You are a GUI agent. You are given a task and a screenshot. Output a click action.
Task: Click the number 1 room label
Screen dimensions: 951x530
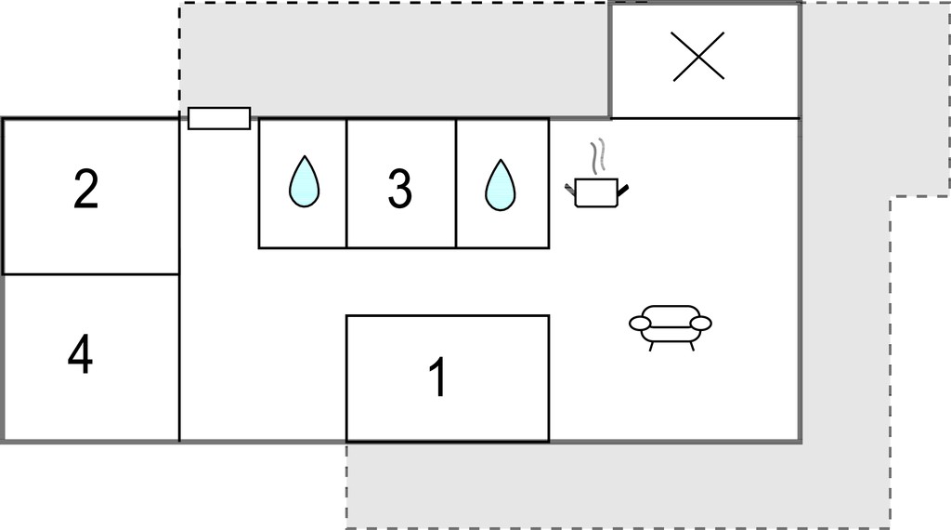coord(438,377)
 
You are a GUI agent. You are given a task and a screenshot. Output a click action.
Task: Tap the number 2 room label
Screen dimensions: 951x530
coord(85,190)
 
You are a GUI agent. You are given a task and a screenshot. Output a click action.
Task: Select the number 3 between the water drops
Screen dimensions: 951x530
coord(399,188)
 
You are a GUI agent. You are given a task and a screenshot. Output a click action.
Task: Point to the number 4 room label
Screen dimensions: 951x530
coord(80,354)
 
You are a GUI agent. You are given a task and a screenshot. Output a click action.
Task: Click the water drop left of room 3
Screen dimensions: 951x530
coord(304,181)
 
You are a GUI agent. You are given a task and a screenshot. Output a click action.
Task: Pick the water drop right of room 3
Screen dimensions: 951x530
coord(500,185)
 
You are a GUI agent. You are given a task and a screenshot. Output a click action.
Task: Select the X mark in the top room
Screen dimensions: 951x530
coord(698,56)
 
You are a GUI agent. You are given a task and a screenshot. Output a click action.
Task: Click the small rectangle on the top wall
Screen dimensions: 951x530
coord(219,118)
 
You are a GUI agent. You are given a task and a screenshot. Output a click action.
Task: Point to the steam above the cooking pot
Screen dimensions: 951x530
coord(598,154)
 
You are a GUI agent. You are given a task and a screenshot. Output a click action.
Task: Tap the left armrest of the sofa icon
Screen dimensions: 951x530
coord(641,323)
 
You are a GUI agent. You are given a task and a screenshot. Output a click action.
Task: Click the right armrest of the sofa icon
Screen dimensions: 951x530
coord(700,323)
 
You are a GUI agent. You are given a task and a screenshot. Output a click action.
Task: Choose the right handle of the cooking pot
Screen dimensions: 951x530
coord(623,191)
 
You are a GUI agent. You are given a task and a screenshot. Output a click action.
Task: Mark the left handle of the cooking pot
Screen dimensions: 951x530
coord(570,189)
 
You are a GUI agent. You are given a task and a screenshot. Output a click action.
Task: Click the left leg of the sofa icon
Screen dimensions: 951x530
coord(651,346)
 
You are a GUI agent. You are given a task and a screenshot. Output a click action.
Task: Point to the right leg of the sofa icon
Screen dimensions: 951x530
coord(690,346)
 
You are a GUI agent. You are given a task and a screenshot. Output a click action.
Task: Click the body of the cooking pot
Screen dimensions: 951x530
coord(595,193)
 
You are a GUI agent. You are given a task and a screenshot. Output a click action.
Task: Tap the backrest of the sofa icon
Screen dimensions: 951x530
coord(671,311)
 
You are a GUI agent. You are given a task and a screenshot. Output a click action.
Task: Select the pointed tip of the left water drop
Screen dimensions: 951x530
coord(304,156)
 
